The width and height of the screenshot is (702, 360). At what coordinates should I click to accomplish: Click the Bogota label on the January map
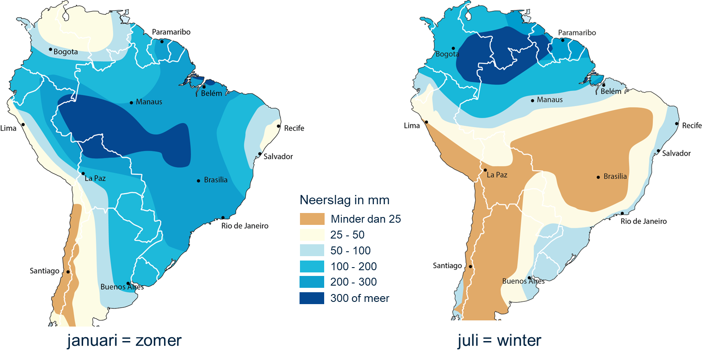(x=66, y=52)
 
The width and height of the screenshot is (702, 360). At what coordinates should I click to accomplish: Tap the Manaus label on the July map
(x=549, y=100)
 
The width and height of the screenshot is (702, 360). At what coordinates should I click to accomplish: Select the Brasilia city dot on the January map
(x=198, y=180)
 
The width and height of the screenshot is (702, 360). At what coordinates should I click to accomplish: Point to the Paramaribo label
(x=577, y=33)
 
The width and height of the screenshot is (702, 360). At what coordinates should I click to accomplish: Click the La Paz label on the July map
(x=497, y=175)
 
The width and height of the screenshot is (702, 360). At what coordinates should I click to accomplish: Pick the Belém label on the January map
(x=212, y=93)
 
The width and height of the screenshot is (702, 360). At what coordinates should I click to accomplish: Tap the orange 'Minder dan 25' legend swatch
(x=312, y=219)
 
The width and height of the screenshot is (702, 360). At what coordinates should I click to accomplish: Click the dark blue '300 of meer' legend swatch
(x=312, y=298)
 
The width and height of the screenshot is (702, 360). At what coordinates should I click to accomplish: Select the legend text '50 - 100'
(x=350, y=250)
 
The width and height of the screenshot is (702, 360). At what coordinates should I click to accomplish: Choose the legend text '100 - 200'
(x=353, y=266)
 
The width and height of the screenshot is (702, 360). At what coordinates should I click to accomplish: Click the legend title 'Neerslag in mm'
(x=344, y=200)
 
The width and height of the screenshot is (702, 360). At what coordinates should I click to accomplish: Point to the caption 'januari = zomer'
(x=124, y=340)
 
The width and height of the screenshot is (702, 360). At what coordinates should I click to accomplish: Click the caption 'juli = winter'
(x=499, y=340)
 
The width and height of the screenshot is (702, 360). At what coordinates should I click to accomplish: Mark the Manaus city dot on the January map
(x=131, y=103)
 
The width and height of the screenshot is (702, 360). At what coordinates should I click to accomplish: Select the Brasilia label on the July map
(x=615, y=176)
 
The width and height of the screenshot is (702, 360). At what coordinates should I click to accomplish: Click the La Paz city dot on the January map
(x=83, y=173)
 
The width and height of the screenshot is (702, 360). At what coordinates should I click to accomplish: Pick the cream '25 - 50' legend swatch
(x=312, y=235)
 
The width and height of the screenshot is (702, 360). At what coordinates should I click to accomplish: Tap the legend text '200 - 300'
(x=353, y=282)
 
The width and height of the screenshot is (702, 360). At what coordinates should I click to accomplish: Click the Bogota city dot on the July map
(x=453, y=48)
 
